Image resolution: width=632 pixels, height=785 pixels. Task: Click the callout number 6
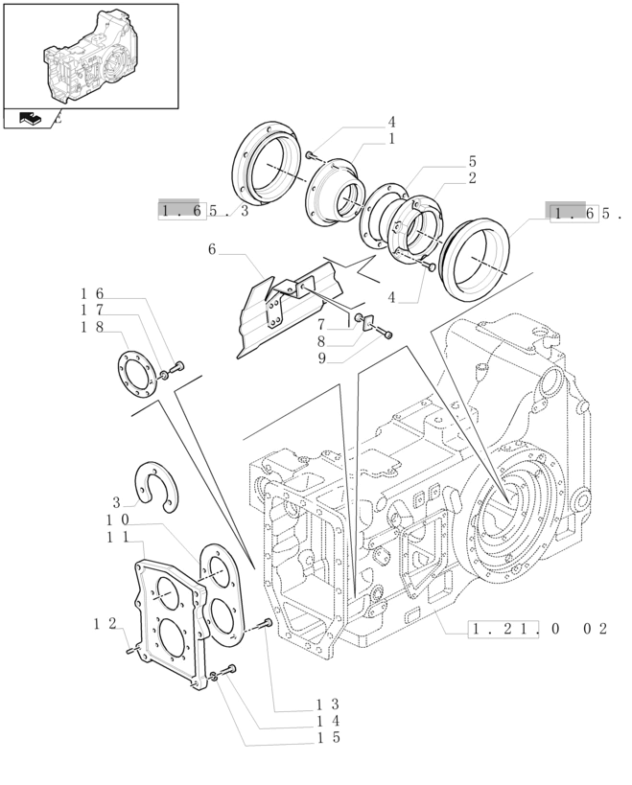[212, 250]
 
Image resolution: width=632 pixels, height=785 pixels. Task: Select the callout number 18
[91, 327]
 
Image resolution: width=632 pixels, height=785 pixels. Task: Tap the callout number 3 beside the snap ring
[116, 502]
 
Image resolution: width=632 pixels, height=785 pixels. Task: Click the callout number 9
[323, 358]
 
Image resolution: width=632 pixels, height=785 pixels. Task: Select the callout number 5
[473, 162]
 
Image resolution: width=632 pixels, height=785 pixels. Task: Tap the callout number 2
[473, 178]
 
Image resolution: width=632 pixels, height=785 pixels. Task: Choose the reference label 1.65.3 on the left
[203, 211]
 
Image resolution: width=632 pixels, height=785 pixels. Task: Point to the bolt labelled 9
[386, 334]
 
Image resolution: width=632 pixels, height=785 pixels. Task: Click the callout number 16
[91, 294]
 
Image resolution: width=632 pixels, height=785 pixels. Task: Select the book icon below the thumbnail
[30, 119]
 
